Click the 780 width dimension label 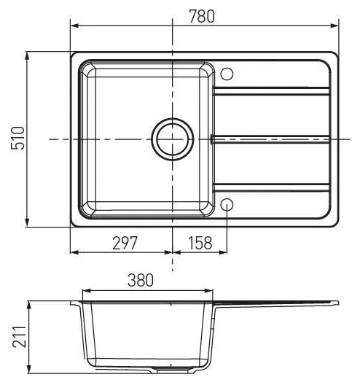pos(202,17)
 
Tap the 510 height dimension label pos(18,138)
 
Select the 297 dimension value pos(125,243)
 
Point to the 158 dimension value pos(200,243)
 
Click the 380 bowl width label pos(141,280)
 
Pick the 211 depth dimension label pos(20,337)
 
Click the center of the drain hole pos(173,139)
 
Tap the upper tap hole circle pos(227,74)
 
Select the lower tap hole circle pos(227,204)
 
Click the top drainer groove pos(271,91)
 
